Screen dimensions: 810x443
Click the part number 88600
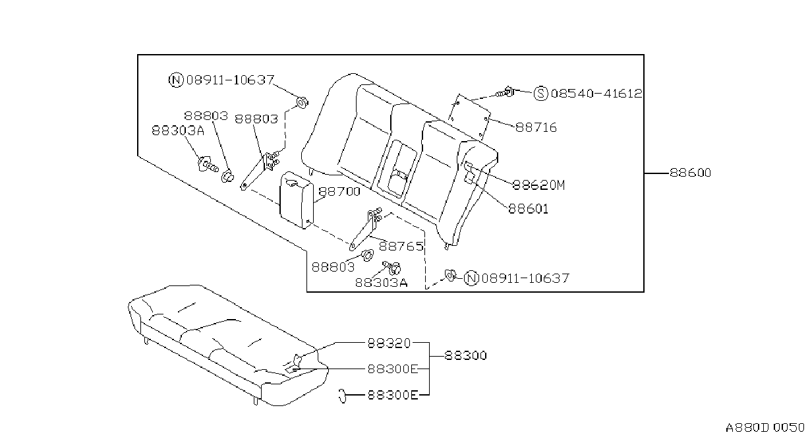click(690, 173)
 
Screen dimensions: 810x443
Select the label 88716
click(536, 127)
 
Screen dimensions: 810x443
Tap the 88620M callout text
click(539, 185)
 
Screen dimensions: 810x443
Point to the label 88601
click(529, 209)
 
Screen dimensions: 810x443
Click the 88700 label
click(339, 191)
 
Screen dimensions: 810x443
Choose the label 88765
click(401, 247)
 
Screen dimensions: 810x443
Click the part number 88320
click(389, 343)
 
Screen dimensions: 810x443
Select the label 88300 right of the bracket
click(465, 355)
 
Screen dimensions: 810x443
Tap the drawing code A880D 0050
click(765, 428)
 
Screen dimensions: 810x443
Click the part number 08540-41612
click(596, 94)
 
